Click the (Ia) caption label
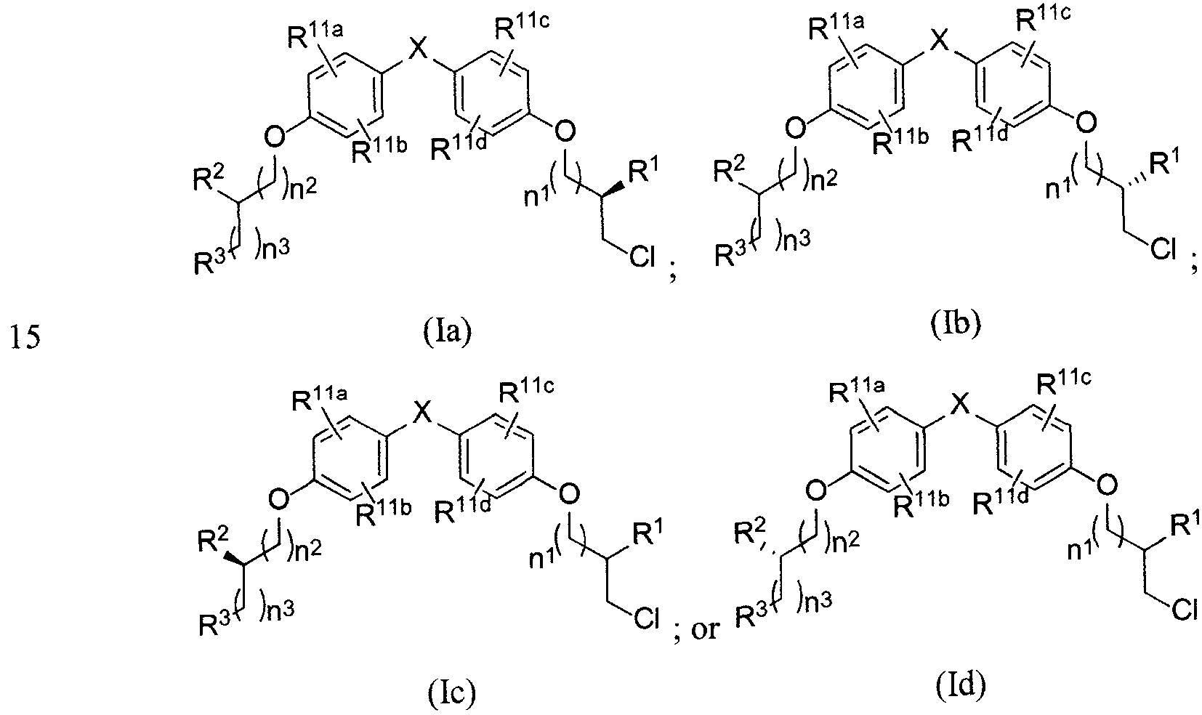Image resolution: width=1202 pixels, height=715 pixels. [x=448, y=332]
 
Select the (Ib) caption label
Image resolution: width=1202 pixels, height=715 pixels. [x=956, y=323]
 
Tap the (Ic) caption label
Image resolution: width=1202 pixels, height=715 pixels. [x=452, y=694]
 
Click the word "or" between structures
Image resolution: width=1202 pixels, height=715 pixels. [x=705, y=629]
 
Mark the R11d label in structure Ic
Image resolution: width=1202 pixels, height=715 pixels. [x=462, y=509]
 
